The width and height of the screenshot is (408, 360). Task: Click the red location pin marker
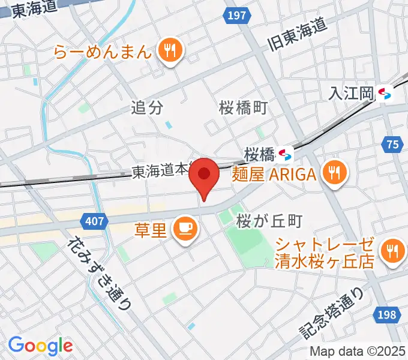coord(205,175)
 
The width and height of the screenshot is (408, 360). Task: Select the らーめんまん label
coord(102,52)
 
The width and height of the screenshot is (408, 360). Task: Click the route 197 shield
coord(237,16)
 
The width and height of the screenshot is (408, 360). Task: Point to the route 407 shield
coord(95,222)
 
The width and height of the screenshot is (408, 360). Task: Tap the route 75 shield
coord(392,144)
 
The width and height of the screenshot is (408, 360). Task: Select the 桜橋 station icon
coord(285,155)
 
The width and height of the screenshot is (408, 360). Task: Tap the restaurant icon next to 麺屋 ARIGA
coord(332,175)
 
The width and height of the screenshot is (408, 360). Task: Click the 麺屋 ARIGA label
coord(274,175)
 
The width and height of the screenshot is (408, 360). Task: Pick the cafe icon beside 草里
coord(184,229)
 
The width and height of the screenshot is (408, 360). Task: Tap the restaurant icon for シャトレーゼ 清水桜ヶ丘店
coord(391,253)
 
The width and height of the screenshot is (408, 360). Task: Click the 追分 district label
coord(147,108)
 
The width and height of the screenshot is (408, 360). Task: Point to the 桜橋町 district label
coord(242,108)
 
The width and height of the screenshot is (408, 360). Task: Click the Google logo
coord(40,346)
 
